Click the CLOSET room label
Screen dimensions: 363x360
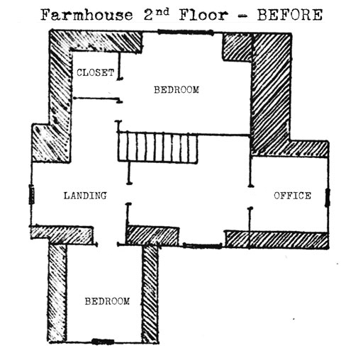tap(96, 72)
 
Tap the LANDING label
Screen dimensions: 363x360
tap(85, 196)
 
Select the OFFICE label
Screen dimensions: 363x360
tap(292, 196)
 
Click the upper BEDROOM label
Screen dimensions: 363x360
tap(177, 90)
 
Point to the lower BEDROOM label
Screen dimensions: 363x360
tap(107, 301)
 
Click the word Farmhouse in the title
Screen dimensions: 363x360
tap(86, 15)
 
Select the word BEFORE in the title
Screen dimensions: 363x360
tap(290, 15)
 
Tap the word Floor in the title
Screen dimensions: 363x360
tap(203, 15)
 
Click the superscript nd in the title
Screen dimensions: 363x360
tap(162, 12)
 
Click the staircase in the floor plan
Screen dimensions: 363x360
tap(157, 148)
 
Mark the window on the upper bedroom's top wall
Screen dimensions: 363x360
tap(186, 32)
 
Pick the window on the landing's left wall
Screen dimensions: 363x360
tap(32, 194)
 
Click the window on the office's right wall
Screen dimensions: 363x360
tap(328, 198)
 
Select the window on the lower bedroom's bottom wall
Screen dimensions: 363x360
tap(103, 342)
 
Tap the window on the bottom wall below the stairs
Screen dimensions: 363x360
tap(202, 246)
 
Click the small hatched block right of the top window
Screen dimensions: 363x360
tap(238, 47)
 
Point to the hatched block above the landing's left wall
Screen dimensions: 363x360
tap(51, 143)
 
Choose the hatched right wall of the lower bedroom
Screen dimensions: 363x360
tap(150, 293)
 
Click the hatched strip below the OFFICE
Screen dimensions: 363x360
tap(277, 240)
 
